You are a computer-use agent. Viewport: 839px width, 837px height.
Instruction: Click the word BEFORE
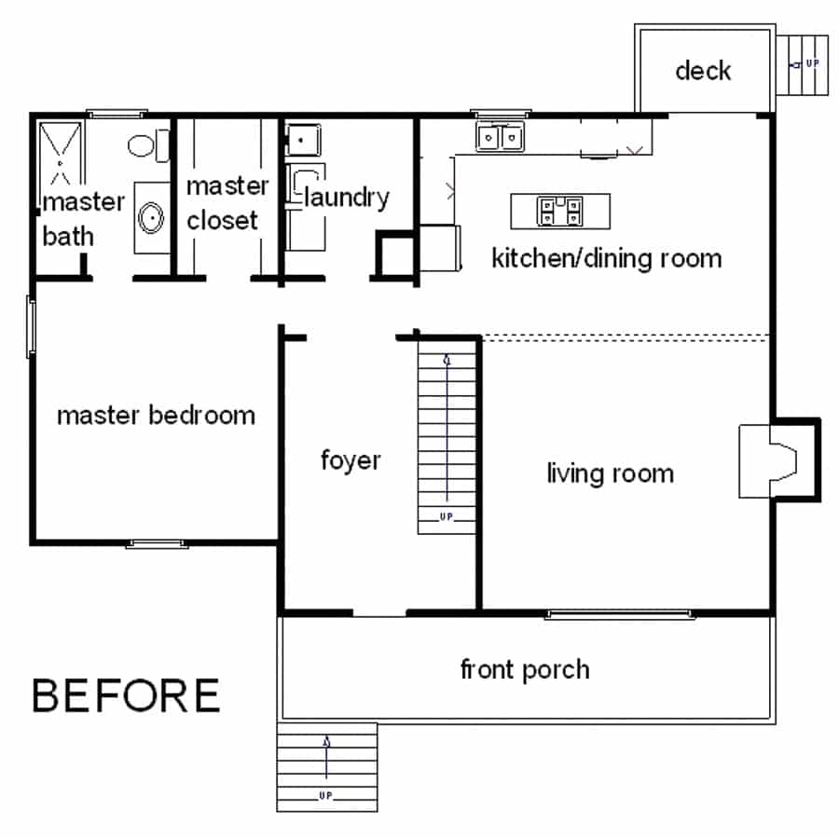coord(127,695)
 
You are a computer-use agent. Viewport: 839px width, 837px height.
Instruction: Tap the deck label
coord(703,70)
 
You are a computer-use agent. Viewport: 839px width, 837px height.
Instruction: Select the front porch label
coord(525,668)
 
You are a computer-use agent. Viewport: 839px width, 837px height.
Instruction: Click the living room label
coord(610,473)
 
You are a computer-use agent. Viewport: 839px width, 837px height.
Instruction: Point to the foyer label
coord(351,460)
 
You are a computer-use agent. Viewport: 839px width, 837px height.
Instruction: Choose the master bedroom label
coord(156,415)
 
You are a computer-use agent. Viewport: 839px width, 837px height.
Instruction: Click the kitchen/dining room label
coord(606,257)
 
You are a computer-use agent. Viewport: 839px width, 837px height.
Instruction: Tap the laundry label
coord(346,198)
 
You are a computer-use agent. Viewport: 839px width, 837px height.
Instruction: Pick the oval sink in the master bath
coord(149,217)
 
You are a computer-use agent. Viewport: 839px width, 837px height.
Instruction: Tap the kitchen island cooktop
coord(559,211)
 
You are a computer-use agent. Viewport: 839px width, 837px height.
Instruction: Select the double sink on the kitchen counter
coord(501,138)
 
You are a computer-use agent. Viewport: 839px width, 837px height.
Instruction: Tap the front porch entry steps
coord(326,766)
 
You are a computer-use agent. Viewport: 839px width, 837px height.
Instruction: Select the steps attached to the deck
coord(805,65)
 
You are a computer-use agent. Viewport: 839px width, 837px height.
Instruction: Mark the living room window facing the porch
coord(620,613)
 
